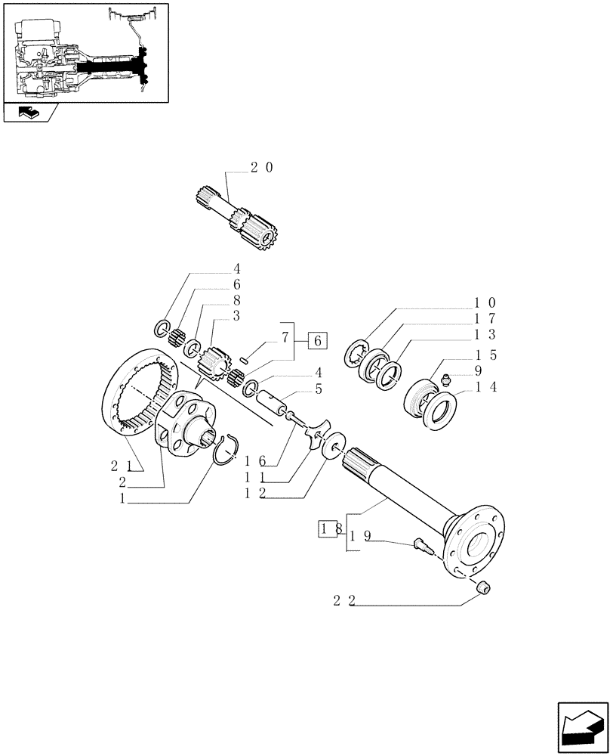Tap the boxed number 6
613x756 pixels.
click(317, 341)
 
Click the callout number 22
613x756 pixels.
click(344, 601)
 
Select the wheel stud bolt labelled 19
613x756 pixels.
click(420, 544)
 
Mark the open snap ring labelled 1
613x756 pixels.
click(225, 455)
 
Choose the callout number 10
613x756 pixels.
click(484, 302)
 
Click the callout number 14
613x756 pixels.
click(484, 387)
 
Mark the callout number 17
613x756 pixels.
click(484, 318)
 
